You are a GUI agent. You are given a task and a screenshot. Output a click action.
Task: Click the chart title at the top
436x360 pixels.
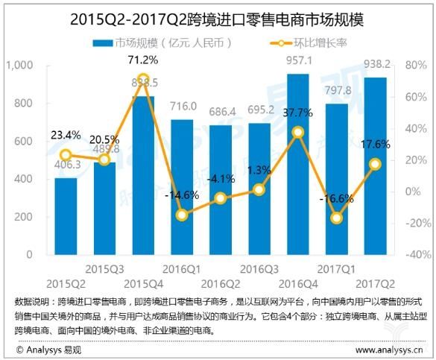[218, 16]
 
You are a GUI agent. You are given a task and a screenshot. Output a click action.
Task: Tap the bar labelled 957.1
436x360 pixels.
[297, 164]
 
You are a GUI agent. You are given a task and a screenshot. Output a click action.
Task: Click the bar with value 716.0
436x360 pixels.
[181, 186]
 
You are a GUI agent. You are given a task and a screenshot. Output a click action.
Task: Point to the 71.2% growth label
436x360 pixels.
[142, 59]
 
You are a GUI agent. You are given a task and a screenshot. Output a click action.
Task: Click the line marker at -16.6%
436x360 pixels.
[336, 218]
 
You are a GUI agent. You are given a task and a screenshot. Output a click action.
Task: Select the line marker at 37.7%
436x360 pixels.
[297, 132]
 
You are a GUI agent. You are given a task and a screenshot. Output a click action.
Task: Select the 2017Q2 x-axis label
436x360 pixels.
[375, 283]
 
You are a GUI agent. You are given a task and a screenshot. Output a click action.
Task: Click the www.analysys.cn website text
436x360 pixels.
[388, 348]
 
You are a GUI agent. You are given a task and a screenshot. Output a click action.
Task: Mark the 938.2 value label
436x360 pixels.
[376, 65]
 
